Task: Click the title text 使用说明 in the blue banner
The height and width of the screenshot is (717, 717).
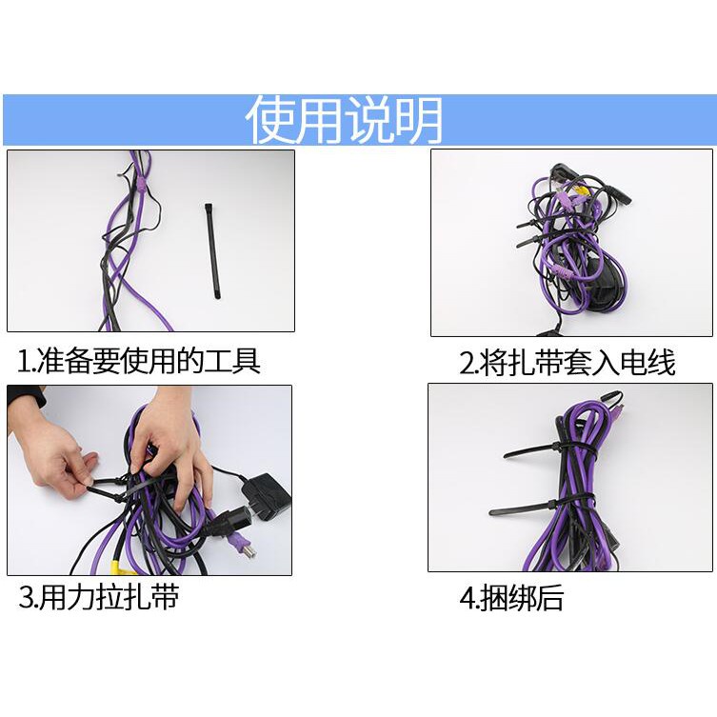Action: click(344, 120)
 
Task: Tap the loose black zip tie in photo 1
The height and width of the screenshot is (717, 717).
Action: click(211, 251)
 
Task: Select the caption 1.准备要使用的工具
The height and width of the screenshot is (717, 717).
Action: click(139, 361)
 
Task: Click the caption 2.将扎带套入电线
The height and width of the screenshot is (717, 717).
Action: click(568, 363)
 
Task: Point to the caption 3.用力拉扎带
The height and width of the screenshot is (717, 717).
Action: click(98, 597)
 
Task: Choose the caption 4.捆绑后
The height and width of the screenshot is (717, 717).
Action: click(511, 598)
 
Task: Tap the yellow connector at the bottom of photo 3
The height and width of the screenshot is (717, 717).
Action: click(120, 565)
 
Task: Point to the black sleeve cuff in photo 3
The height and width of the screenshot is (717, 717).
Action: click(25, 397)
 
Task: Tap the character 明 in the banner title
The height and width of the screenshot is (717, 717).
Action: click(419, 120)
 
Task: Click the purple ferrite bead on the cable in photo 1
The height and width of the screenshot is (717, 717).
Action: click(142, 185)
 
